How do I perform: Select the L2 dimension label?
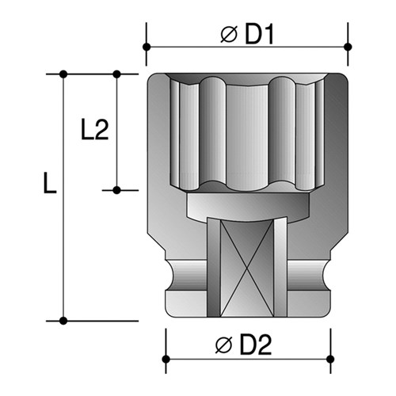94,130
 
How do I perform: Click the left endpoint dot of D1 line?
147,47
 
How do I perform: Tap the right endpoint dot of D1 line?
348,47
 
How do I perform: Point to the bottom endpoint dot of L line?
64,321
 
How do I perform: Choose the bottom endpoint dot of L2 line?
116,190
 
